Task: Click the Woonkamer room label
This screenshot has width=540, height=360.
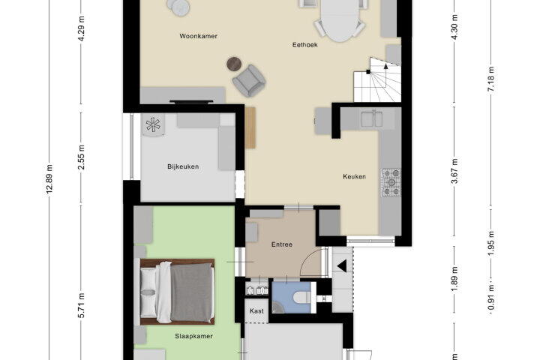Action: point(198,36)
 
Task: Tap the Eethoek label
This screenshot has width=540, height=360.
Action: point(304,45)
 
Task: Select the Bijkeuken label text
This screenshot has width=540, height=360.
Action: point(183,166)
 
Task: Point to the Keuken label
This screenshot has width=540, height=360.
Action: point(354,177)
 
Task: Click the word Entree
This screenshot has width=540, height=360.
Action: point(282,244)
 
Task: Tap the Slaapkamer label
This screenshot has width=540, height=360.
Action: point(193,336)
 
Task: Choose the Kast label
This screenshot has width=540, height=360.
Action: point(256,311)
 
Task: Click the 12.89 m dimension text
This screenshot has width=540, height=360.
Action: point(50,179)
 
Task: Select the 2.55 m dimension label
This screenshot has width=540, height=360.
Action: point(82,157)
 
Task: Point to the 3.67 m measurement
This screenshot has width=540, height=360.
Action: point(454,171)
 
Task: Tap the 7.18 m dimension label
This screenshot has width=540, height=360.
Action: point(491,79)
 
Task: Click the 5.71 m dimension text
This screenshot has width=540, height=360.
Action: point(82,305)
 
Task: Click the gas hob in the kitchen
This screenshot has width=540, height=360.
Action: point(391,182)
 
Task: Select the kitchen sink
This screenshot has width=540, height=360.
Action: point(371,118)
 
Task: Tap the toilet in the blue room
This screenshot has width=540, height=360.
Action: point(303,297)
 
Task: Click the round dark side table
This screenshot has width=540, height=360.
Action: point(235,64)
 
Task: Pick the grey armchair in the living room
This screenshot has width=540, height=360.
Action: point(249,81)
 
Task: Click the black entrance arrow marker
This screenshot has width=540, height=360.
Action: point(342,266)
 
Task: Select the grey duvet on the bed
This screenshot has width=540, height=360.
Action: point(191,292)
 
